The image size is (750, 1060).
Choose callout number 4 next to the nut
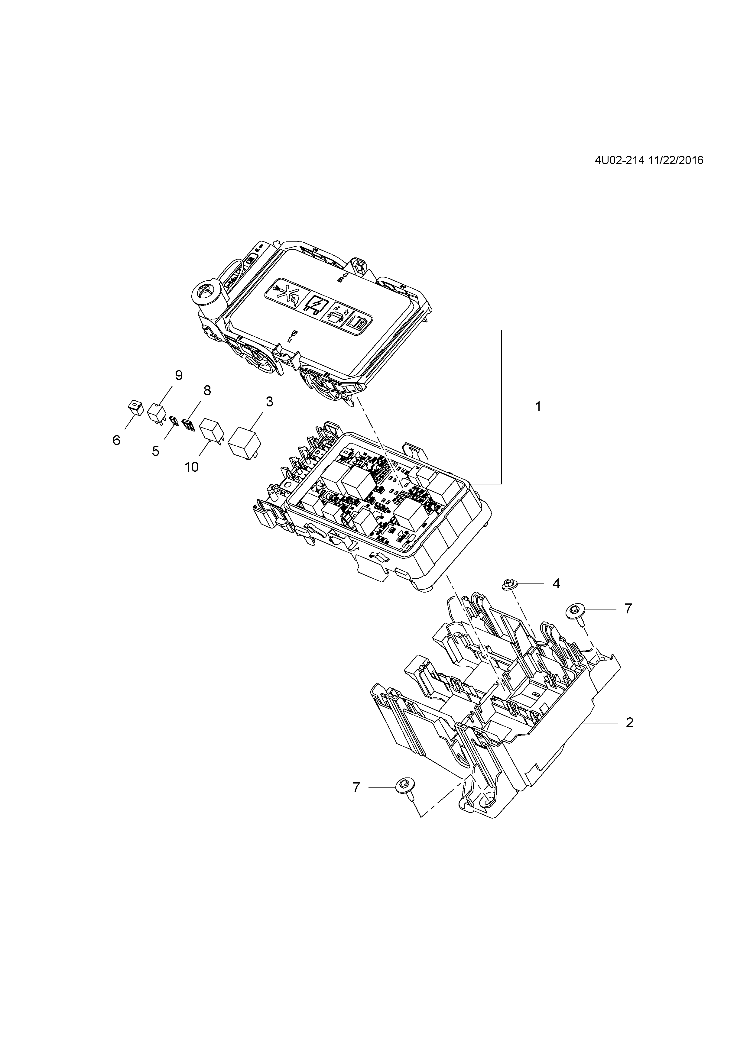[x=556, y=583]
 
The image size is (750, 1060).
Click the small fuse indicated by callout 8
[x=188, y=423]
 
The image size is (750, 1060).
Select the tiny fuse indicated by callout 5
[x=174, y=420]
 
